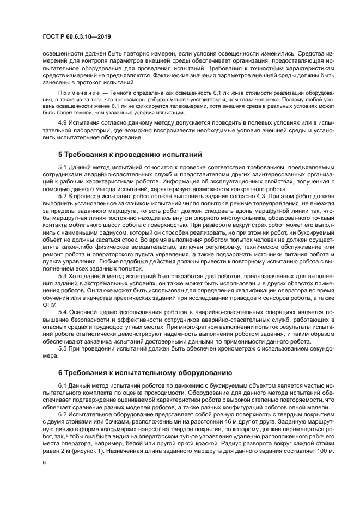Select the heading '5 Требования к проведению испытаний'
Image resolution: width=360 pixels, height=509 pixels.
(130, 155)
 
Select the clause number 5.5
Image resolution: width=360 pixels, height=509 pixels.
(63, 349)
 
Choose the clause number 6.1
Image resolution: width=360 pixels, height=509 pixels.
(63, 385)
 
